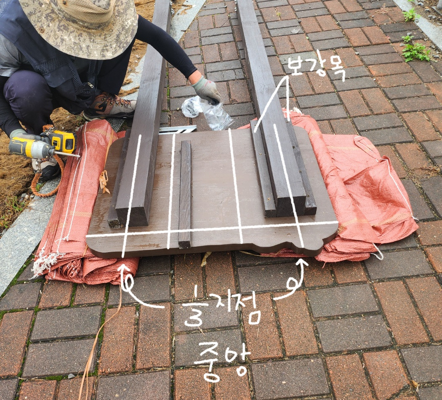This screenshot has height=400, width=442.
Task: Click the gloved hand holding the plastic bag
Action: pyautogui.click(x=207, y=89)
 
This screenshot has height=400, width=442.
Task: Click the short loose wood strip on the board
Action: pyautogui.click(x=185, y=194)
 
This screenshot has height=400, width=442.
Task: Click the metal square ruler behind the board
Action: pyautogui.click(x=178, y=130)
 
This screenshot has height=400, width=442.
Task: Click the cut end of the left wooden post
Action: pyautogui.click(x=133, y=216)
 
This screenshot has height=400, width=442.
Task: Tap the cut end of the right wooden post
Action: pyautogui.click(x=290, y=206)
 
